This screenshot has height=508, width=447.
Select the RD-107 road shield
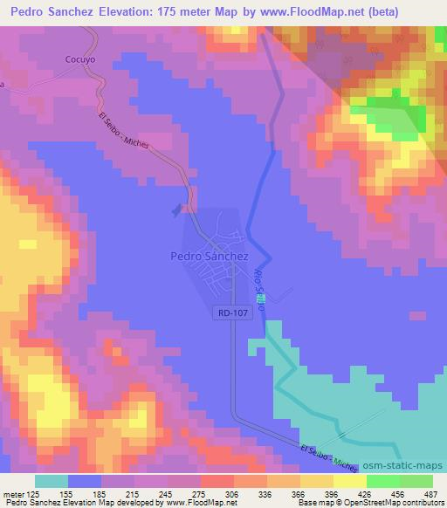(231, 311)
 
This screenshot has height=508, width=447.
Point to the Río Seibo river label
(259, 285)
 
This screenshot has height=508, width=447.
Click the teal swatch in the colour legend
(52, 481)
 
